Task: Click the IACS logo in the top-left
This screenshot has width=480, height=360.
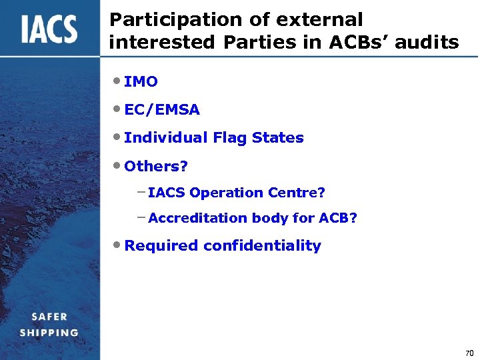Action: (x=49, y=29)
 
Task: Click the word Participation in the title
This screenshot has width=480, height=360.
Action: (x=160, y=20)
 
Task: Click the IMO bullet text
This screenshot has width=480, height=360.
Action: (x=141, y=82)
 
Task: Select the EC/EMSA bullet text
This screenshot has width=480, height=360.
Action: (x=161, y=109)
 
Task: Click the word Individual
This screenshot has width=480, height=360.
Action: (x=167, y=138)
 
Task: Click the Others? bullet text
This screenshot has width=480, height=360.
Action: (x=155, y=165)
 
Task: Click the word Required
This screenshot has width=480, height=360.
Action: (x=161, y=246)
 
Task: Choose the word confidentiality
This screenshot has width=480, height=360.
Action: (x=262, y=246)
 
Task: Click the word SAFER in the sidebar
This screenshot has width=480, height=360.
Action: (x=49, y=317)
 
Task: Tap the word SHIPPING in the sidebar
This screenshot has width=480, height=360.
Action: (x=49, y=332)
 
